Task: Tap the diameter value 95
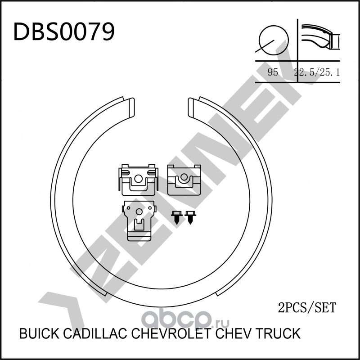(x=272, y=72)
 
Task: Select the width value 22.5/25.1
(x=316, y=72)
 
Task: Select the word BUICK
(x=39, y=334)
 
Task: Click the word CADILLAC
(x=94, y=334)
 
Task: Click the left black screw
(x=176, y=217)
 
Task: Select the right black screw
(x=191, y=217)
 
